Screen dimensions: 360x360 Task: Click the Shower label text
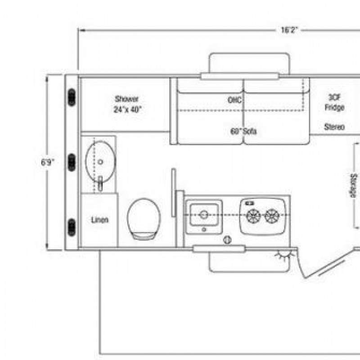pos(126,99)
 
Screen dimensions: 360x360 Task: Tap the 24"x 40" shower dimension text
pos(127,109)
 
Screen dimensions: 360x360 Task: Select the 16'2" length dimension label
pos(289,30)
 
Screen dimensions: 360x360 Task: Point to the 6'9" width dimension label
pos(48,162)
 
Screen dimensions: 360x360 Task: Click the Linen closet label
pos(99,220)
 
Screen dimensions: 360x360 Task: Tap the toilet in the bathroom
pos(144,219)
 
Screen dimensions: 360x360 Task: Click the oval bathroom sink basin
pos(100,162)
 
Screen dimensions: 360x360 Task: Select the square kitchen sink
pos(204,215)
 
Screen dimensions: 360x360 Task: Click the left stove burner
pos(253,216)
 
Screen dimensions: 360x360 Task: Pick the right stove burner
pos(272,216)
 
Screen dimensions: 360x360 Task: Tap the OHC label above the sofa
pos(234,100)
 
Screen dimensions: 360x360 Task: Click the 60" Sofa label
pos(243,131)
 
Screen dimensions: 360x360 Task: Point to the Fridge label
pos(334,107)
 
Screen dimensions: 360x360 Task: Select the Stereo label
pos(334,127)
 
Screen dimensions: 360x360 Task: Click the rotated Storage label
pos(354,186)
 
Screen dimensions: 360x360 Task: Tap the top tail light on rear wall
pos(72,97)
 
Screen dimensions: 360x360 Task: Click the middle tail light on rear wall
pos(72,162)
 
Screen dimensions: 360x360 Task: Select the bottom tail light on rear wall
pos(72,227)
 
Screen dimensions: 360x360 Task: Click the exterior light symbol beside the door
pos(285,255)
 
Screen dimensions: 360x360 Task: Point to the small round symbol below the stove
pos(227,240)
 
